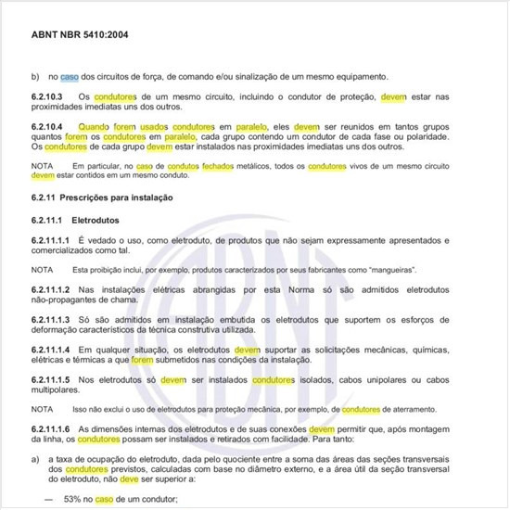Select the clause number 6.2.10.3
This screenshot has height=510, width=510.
point(47,96)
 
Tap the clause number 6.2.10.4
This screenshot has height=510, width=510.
point(47,124)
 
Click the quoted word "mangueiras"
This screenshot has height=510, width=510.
point(389,270)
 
